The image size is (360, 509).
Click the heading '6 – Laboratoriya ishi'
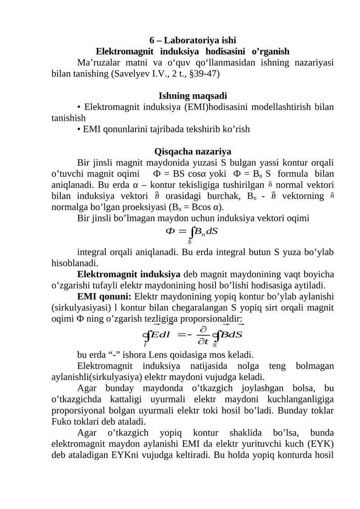(193, 40)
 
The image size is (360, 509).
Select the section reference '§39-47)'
(204, 72)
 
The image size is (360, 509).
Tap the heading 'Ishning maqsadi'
(193, 96)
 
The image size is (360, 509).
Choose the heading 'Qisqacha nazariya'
(193, 151)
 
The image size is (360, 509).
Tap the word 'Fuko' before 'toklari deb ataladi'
(60, 421)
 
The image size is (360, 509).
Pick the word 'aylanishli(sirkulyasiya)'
(100, 376)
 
